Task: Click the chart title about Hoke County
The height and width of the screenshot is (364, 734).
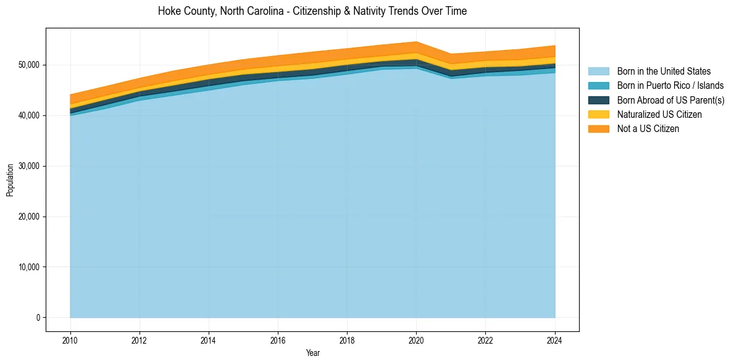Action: (x=312, y=11)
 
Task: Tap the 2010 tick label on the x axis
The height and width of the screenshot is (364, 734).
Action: (x=70, y=339)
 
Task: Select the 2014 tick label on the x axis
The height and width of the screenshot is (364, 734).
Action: (x=209, y=339)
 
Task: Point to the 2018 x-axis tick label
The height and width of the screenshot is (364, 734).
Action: (x=348, y=339)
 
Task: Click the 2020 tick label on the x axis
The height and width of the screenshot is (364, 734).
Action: (x=417, y=339)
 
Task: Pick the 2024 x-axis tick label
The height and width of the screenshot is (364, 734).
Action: (x=555, y=339)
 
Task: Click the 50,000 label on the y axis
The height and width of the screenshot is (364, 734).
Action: (x=28, y=65)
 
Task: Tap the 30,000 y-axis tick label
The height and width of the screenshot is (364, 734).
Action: (x=28, y=166)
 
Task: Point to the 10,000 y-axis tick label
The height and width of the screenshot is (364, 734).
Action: (x=28, y=267)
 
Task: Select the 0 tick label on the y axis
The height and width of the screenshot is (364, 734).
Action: (x=38, y=318)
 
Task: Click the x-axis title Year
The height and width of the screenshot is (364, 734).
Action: (x=312, y=353)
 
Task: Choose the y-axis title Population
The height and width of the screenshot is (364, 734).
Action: (x=10, y=180)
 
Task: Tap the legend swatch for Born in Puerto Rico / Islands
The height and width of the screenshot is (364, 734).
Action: (x=598, y=86)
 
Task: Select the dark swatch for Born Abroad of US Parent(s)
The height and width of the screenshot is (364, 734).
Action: (x=598, y=100)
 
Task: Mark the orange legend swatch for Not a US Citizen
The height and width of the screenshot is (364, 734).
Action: (x=598, y=129)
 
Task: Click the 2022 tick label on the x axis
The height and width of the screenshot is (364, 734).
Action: (x=486, y=339)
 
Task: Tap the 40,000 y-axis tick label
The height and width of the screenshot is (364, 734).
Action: (x=28, y=115)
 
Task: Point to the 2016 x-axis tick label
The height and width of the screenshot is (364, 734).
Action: (x=278, y=339)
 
